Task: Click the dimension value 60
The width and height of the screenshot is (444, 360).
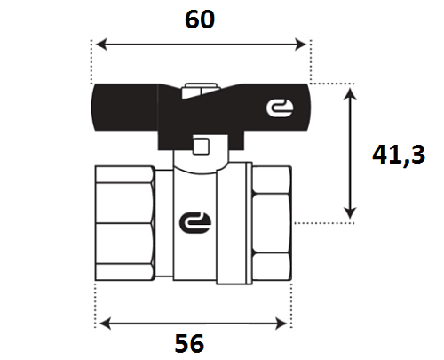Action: coord(200,20)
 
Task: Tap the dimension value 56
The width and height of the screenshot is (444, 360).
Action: coord(189,343)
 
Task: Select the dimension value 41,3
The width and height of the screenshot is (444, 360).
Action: coord(399,155)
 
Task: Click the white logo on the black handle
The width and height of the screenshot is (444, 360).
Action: coord(280,108)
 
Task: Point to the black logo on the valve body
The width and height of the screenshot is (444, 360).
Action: coord(195,222)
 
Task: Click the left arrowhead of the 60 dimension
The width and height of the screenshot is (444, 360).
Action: coord(101,44)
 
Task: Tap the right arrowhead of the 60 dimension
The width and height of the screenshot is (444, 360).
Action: coord(301,44)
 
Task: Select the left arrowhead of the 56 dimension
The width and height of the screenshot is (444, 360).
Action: coord(105,324)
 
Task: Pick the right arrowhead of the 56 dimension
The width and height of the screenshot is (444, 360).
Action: coord(281,324)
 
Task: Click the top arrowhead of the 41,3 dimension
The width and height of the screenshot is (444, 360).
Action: coord(351,94)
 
